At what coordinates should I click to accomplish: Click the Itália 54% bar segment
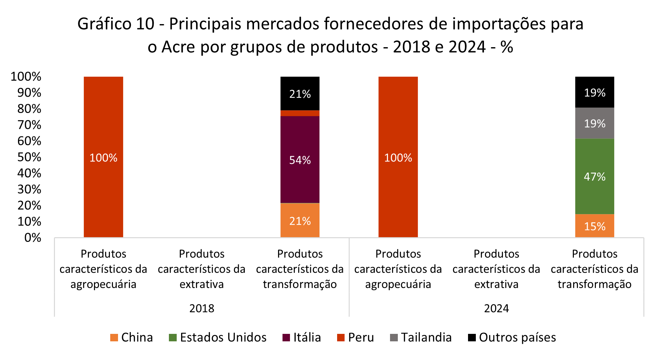300,159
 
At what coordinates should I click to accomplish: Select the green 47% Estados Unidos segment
594,176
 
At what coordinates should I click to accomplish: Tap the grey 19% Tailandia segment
594,123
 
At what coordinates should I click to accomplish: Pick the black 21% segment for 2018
300,93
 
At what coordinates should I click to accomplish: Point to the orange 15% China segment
594,226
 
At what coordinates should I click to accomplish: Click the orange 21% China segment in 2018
300,221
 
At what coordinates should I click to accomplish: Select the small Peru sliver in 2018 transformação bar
300,113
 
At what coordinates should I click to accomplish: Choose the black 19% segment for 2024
594,92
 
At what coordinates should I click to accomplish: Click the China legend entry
132,338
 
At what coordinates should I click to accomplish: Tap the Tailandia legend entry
421,338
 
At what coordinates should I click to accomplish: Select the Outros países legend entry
512,338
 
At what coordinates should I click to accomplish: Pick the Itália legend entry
302,338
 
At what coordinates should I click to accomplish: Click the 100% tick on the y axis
26,77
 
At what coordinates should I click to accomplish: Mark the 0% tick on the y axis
33,238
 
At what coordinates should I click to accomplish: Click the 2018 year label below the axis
202,308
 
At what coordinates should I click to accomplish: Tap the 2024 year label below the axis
497,308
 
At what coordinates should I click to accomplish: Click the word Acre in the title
178,47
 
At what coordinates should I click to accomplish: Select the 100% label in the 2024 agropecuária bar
398,158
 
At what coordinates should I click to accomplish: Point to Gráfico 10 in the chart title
116,24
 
